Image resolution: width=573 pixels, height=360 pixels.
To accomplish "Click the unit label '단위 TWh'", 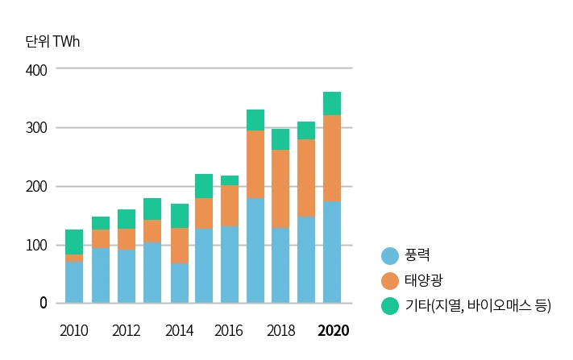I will (53, 41).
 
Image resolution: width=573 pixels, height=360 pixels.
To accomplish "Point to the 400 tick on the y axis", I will (36, 70).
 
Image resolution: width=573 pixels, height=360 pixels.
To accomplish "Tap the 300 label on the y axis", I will (36, 128).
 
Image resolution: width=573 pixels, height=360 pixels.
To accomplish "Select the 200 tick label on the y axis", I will (36, 187).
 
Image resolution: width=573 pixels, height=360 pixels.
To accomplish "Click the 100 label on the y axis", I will (36, 245).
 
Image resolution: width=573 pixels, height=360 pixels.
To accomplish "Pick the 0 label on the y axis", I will (44, 304).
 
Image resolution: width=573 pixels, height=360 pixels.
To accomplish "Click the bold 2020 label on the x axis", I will (333, 331).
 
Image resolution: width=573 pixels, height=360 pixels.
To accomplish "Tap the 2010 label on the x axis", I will (74, 331).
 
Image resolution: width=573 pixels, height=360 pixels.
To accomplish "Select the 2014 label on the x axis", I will (178, 331).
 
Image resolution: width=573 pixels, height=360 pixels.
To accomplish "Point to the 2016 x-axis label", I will (230, 331).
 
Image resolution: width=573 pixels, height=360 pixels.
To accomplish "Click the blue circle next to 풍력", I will (390, 256).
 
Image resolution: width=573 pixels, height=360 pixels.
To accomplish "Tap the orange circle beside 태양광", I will (390, 280).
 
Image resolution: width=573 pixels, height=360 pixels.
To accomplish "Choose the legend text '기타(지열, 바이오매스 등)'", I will (478, 305).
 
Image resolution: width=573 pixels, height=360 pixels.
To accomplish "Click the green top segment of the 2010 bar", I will (74, 242).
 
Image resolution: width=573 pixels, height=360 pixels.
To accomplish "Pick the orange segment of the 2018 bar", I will (280, 188).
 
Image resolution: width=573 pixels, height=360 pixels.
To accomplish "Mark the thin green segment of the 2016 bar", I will (230, 180).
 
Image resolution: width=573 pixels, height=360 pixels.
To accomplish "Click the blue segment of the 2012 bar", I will (127, 276).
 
